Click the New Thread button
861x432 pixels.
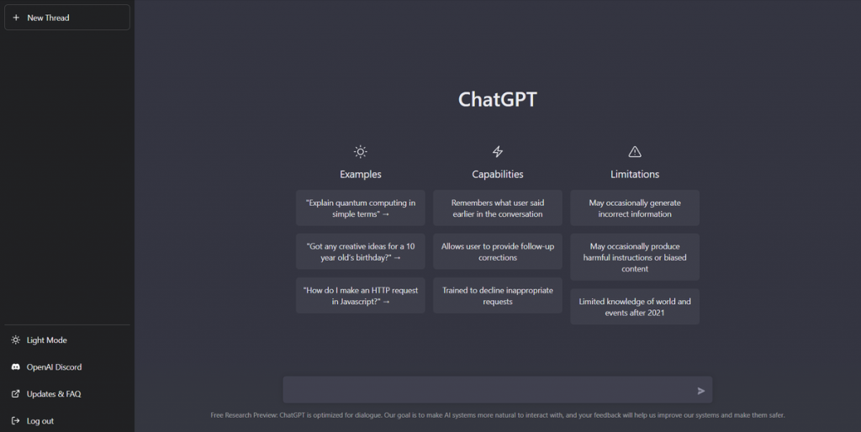pyautogui.click(x=67, y=18)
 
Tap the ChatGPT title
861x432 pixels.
pyautogui.click(x=498, y=99)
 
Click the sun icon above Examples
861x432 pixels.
pyautogui.click(x=360, y=151)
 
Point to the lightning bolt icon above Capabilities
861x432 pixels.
pyautogui.click(x=498, y=151)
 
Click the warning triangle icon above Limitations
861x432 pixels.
pyautogui.click(x=635, y=151)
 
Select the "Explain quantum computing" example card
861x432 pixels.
pyautogui.click(x=360, y=208)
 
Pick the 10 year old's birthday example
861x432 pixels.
pyautogui.click(x=360, y=251)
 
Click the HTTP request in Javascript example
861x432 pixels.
pyautogui.click(x=360, y=296)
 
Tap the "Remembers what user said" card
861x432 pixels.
pyautogui.click(x=498, y=208)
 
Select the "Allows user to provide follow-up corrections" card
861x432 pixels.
pyautogui.click(x=498, y=251)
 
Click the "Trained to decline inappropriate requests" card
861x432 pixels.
pyautogui.click(x=498, y=296)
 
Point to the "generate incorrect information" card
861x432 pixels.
pyautogui.click(x=635, y=208)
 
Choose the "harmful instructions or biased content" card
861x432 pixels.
pyautogui.click(x=635, y=257)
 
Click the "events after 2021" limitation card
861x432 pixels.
pyautogui.click(x=635, y=307)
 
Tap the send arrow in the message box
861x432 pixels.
pyautogui.click(x=701, y=391)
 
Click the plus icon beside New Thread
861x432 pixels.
pyautogui.click(x=16, y=18)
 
